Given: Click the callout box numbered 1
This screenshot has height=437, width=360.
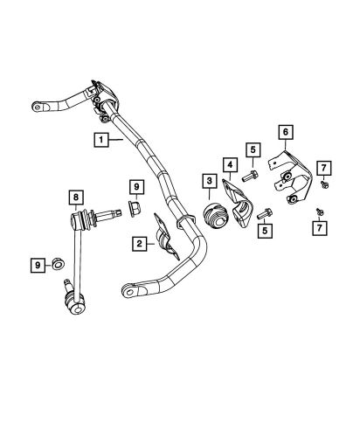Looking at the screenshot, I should (x=102, y=139).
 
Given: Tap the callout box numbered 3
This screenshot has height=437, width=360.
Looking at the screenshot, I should (x=210, y=181).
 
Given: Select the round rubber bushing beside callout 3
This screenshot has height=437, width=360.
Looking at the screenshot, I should (x=213, y=216).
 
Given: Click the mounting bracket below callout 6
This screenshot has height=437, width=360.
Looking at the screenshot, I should (x=287, y=179).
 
